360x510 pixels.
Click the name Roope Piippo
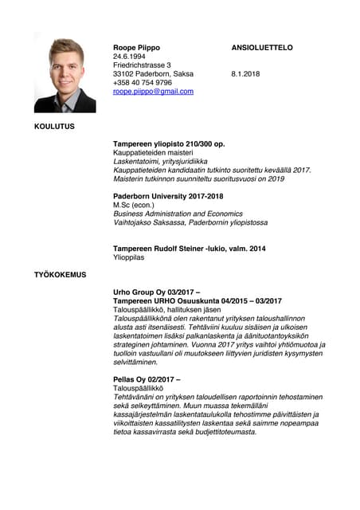tap(136, 48)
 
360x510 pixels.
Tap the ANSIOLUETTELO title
tap(262, 48)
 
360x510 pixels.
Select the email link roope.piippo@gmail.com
tap(153, 92)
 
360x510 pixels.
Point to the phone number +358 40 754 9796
tap(143, 83)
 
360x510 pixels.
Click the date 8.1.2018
tap(245, 74)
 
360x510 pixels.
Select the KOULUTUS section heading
tap(54, 126)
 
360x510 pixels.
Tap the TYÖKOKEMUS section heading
tap(60, 275)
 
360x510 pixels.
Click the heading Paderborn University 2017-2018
tap(168, 196)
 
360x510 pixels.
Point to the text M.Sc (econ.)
tap(134, 205)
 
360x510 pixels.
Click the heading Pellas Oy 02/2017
tap(147, 379)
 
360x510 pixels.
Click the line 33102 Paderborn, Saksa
tap(153, 74)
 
